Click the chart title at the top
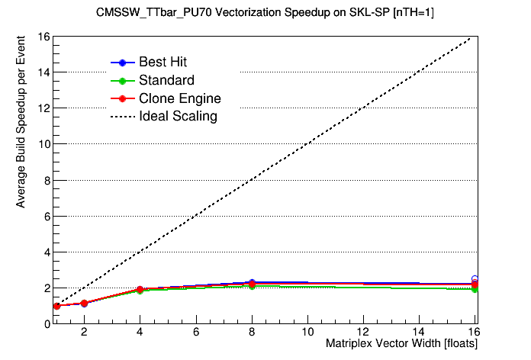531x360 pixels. click(265, 13)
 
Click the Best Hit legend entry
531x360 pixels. click(163, 62)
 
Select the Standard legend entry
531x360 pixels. click(166, 80)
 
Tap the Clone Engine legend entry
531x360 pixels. click(180, 98)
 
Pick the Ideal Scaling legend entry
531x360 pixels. click(178, 117)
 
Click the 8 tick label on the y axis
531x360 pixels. click(46, 180)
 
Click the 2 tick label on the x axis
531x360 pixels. click(85, 333)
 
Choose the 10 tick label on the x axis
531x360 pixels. click(307, 333)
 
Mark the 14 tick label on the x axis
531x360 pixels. click(419, 333)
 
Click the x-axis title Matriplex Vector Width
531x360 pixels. click(401, 345)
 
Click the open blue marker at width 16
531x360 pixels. click(475, 280)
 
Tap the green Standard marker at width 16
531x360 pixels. click(475, 289)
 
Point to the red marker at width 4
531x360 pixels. click(140, 290)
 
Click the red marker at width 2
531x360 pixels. click(85, 303)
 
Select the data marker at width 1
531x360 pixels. click(56, 306)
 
